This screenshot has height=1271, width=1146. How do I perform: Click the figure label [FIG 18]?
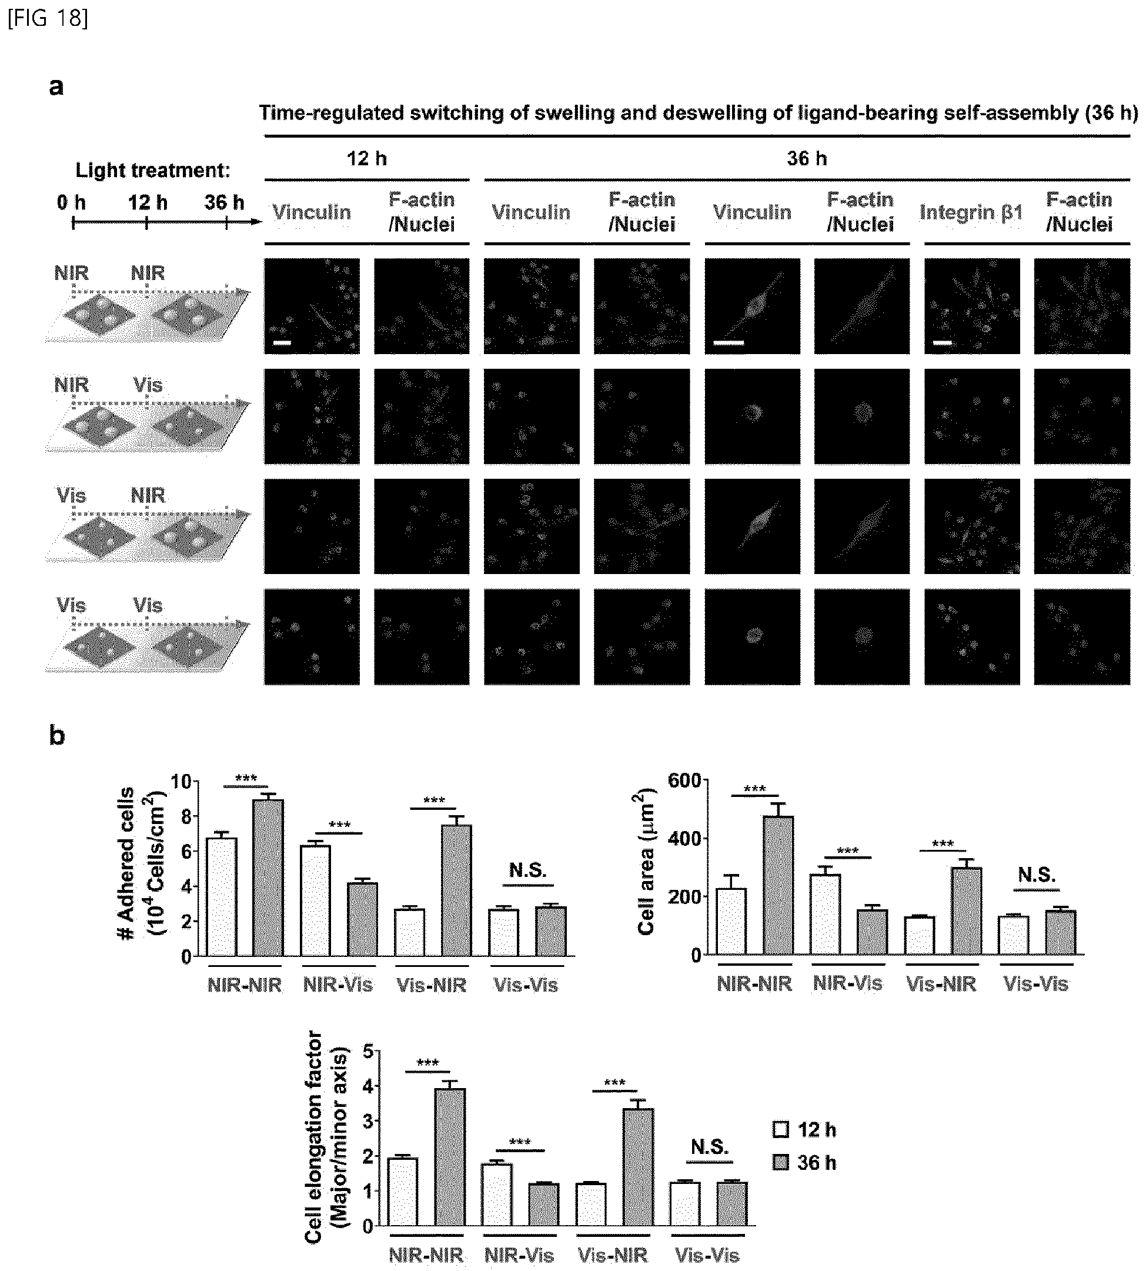pos(48,18)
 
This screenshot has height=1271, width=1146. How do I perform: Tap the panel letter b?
pos(56,735)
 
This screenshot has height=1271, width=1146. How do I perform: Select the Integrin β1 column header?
pos(970,213)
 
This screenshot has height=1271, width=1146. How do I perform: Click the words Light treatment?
pos(153,170)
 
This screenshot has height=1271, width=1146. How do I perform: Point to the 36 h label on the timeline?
pos(224,202)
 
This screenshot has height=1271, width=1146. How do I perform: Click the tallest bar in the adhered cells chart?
pos(268,878)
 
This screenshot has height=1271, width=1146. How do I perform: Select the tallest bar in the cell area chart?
pos(779,885)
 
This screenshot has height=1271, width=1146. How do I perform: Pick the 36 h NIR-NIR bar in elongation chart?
pos(450,1156)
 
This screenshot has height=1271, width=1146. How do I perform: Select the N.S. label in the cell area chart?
pos(1037,874)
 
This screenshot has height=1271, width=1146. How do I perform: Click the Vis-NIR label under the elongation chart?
pos(613,1255)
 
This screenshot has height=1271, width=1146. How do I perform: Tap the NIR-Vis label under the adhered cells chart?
pos(338,985)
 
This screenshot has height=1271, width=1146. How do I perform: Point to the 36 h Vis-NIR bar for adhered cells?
pos(456,890)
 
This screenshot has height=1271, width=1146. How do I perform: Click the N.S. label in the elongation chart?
pos(710,1146)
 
